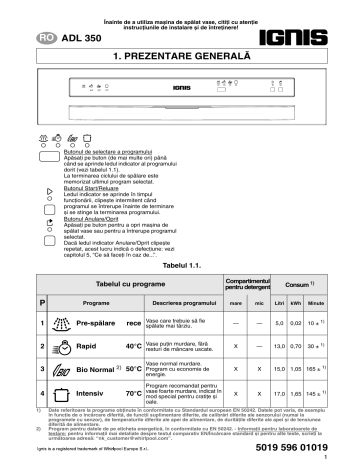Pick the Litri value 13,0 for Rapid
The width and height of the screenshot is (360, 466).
[280, 345]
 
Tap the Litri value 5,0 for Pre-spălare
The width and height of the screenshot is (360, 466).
[280, 322]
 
